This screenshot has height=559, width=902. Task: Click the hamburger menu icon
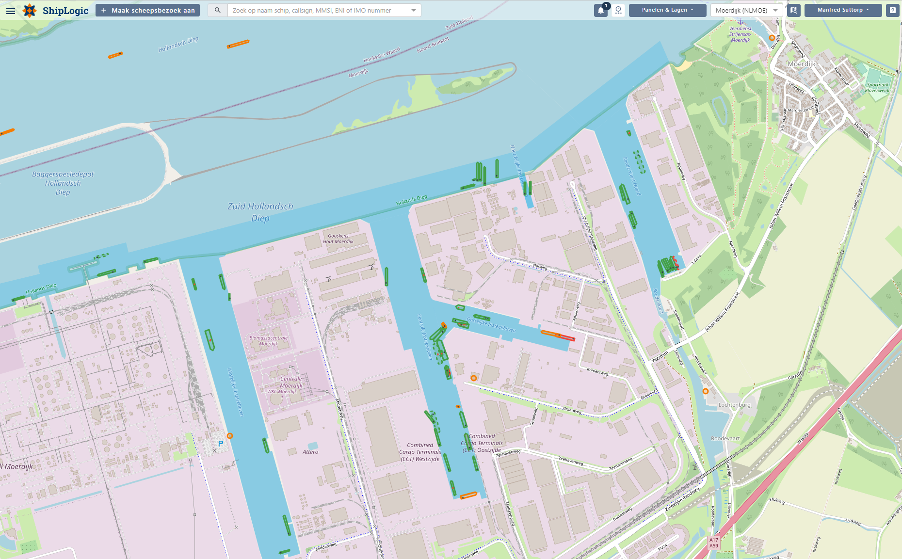click(11, 11)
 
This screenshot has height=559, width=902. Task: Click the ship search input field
click(318, 10)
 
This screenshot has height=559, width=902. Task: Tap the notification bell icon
click(601, 10)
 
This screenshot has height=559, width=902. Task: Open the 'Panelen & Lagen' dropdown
click(667, 10)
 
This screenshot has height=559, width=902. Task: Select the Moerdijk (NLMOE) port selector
click(746, 10)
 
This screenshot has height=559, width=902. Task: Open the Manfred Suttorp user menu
click(843, 10)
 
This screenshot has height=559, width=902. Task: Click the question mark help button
click(892, 10)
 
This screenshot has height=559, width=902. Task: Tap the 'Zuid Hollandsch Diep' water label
click(260, 212)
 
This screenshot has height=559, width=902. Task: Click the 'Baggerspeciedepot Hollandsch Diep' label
click(63, 183)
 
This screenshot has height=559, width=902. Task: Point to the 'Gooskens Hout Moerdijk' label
click(338, 239)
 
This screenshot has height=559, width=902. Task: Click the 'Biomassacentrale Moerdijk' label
click(268, 341)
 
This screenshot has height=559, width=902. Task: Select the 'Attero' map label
click(310, 452)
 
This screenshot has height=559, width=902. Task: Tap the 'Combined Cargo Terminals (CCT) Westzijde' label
click(420, 452)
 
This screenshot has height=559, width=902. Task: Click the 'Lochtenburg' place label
click(734, 405)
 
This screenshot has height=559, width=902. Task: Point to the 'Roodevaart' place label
click(725, 438)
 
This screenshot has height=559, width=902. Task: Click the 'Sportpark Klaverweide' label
click(878, 88)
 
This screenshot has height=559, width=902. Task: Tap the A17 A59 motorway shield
click(713, 543)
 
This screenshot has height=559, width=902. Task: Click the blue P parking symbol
click(221, 444)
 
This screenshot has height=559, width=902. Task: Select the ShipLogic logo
click(56, 11)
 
